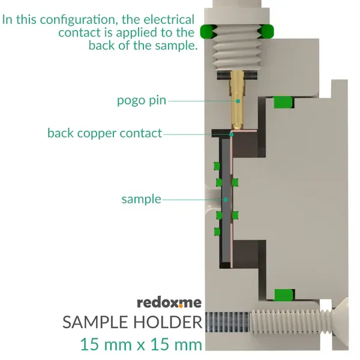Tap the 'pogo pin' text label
[x=141, y=100]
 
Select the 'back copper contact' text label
[x=104, y=133]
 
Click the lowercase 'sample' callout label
[x=141, y=199]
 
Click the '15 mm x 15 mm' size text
[x=142, y=344]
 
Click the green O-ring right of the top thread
[x=266, y=31]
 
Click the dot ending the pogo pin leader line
[x=238, y=101]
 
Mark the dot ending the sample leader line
[x=226, y=199]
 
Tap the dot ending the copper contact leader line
[x=231, y=134]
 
